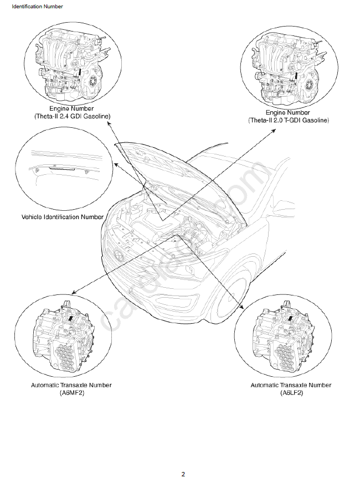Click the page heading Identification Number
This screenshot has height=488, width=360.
[37, 7]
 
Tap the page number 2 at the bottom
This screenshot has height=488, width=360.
[183, 474]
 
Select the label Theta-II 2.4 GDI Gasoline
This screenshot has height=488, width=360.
[71, 116]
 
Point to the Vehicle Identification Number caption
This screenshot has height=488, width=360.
[63, 217]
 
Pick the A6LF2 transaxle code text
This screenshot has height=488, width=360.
[291, 393]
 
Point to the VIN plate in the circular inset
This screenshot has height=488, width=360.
[59, 166]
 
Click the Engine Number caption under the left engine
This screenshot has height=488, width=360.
[71, 108]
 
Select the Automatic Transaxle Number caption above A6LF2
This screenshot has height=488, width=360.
[291, 385]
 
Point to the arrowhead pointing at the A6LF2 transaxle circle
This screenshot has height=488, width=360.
[242, 307]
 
